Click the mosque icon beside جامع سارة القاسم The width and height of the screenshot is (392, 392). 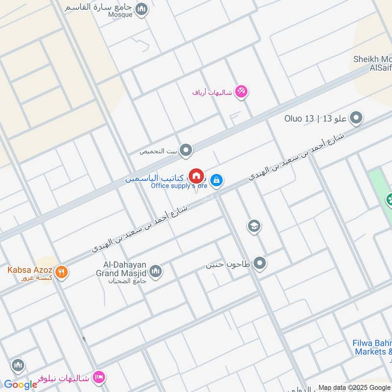142,9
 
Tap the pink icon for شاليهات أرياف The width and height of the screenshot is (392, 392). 241,91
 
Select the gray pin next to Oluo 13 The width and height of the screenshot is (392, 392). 357,118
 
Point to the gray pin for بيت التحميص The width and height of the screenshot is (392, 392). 186,151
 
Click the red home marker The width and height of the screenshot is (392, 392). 196,176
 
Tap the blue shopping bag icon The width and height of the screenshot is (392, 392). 217,181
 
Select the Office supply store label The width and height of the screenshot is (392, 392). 179,186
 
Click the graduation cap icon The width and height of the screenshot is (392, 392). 254,226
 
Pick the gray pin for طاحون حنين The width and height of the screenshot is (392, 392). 260,264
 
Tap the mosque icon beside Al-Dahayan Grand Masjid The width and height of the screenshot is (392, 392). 156,271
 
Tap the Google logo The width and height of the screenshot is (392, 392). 21,385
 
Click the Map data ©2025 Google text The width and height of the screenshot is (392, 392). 354,387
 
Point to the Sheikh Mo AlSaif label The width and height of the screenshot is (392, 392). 372,64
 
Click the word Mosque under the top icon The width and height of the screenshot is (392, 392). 120,15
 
